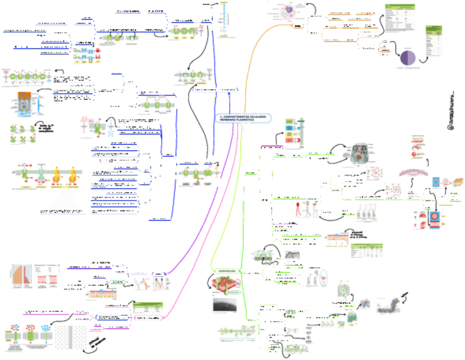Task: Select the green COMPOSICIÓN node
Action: coord(226,271)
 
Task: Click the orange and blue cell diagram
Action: coord(24,105)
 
